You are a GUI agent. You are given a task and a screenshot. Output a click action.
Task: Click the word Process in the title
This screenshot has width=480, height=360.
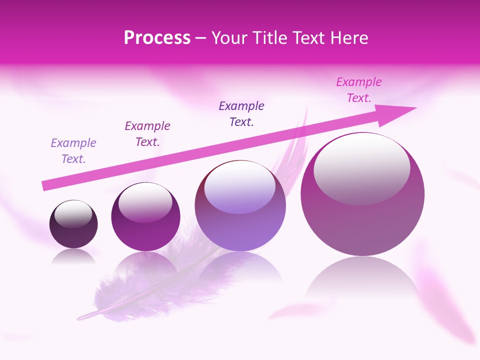click(157, 38)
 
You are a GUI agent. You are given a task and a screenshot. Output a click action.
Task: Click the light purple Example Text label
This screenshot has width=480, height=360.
click(73, 150)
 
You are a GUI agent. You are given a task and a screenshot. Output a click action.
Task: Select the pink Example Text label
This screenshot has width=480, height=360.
click(358, 89)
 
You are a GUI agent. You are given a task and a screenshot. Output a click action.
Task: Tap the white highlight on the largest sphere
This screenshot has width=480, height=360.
click(361, 167)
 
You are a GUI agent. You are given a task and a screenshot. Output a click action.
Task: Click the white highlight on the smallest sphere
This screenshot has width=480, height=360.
click(73, 213)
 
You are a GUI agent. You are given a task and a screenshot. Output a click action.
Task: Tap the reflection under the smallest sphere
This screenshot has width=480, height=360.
click(73, 256)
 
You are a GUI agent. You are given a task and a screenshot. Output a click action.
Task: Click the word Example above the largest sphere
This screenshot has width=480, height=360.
click(358, 81)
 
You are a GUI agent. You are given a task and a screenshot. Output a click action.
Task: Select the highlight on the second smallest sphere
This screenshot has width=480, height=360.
click(145, 201)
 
